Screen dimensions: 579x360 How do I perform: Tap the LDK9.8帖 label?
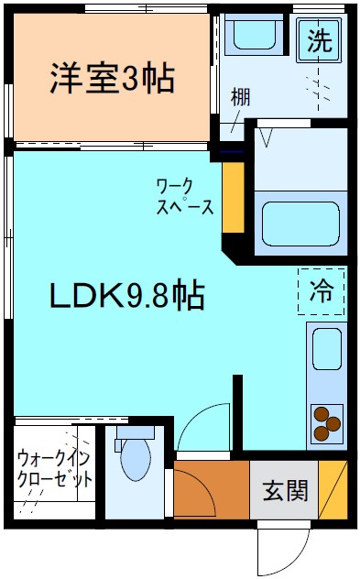pos(126,295)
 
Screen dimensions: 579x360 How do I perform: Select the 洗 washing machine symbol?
pos(318,40)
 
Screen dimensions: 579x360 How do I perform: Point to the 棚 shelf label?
pos(240,95)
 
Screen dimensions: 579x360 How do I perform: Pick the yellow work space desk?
pos(233,197)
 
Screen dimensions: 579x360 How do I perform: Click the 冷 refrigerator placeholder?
pos(322,292)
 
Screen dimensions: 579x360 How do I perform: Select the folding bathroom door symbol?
pos(268,137)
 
